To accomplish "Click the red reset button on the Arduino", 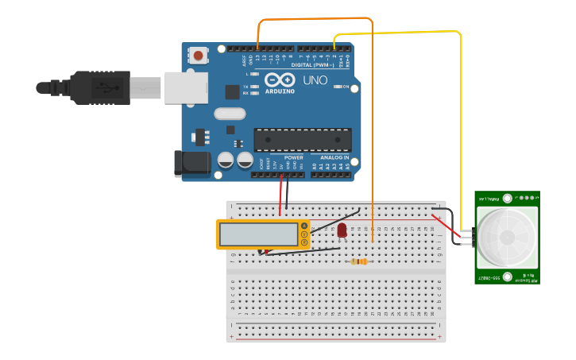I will [198, 56].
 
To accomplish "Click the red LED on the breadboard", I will [342, 230].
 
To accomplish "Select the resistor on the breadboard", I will [358, 261].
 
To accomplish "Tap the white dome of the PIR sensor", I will [506, 238].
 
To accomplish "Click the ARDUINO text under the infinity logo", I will [280, 91].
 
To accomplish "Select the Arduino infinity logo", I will [280, 79].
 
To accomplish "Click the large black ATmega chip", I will [302, 139].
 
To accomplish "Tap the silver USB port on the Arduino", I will [186, 87].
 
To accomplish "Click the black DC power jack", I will [191, 164].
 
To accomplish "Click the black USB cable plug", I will [99, 87].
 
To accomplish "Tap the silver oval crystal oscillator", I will [230, 114].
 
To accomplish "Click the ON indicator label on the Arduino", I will [346, 87].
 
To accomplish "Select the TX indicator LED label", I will [246, 86].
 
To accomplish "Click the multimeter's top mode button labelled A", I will [303, 226].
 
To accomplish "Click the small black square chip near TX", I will [232, 91].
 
